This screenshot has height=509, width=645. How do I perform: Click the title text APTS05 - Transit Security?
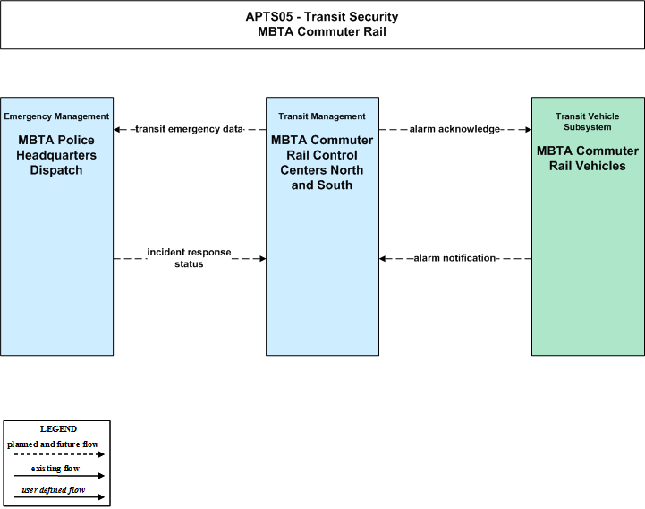click(x=322, y=16)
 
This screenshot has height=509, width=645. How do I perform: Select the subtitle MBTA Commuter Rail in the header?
click(x=322, y=31)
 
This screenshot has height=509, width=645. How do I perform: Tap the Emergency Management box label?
click(x=56, y=116)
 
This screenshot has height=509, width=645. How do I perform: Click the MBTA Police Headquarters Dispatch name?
click(x=56, y=155)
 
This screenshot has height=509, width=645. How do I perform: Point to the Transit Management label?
click(x=322, y=116)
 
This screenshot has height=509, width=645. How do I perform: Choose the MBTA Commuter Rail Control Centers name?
click(x=322, y=162)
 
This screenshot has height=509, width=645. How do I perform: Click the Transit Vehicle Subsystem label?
click(x=588, y=122)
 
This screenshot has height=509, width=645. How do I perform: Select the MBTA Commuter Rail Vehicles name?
click(x=588, y=159)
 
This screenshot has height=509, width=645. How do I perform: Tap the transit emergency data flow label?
click(x=190, y=129)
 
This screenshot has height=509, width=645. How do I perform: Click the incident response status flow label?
click(x=190, y=258)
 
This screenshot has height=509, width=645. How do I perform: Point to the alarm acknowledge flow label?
click(x=454, y=129)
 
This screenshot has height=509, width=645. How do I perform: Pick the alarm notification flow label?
click(x=454, y=258)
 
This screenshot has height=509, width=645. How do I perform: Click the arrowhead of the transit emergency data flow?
click(x=116, y=129)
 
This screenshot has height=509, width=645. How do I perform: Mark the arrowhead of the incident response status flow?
click(x=263, y=258)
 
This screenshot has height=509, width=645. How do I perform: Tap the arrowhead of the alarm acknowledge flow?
click(x=529, y=129)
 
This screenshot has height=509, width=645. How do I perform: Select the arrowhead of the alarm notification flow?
click(x=382, y=258)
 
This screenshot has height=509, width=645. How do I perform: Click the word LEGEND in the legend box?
click(x=58, y=429)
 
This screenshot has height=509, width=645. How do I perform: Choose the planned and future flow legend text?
click(x=53, y=444)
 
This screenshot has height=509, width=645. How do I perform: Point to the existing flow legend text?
click(x=55, y=469)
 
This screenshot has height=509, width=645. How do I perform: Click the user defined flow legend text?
click(x=54, y=490)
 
